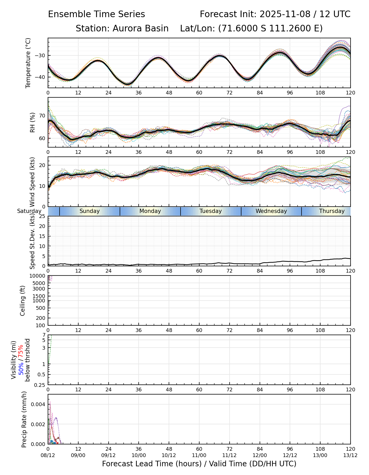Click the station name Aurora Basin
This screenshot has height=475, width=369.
(x=140, y=28)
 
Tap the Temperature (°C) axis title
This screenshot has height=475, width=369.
(x=28, y=63)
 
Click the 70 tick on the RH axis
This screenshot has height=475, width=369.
(x=42, y=116)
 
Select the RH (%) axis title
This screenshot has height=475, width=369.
(x=32, y=122)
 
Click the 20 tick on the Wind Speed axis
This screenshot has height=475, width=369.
(x=42, y=165)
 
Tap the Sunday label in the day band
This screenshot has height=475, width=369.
(x=90, y=211)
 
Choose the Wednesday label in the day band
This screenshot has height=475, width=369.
(x=271, y=211)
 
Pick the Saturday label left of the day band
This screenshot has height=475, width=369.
(x=29, y=211)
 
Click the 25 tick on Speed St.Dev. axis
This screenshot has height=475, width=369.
(x=42, y=216)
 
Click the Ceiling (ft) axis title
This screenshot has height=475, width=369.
(x=23, y=301)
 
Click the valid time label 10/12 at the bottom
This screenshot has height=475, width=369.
(x=169, y=455)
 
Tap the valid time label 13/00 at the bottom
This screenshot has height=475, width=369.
(x=320, y=455)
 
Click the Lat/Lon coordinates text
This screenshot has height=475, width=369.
(x=251, y=28)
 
